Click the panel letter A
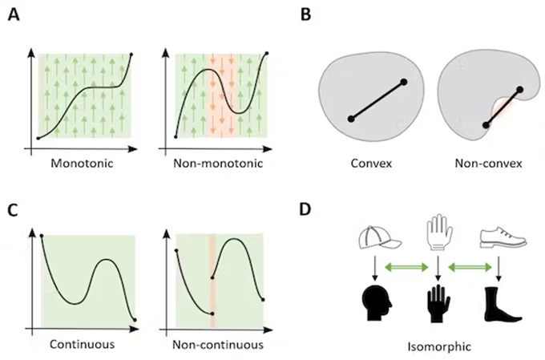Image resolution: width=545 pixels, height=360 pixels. [14, 15]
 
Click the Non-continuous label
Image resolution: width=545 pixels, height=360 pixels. [219, 345]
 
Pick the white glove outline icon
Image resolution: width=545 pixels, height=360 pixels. [434, 233]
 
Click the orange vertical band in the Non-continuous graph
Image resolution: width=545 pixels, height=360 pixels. [212, 281]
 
